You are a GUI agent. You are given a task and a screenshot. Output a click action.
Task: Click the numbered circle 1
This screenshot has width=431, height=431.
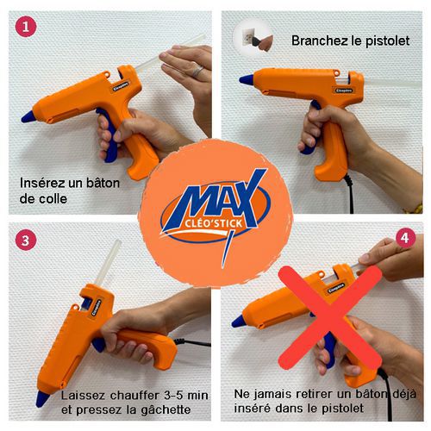(26, 27)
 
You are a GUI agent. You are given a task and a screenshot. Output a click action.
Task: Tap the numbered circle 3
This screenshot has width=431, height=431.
(26, 240)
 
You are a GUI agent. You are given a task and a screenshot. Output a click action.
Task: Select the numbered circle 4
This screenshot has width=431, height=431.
(405, 238)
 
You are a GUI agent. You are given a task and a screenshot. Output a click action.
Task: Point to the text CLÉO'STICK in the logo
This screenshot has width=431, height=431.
(213, 223)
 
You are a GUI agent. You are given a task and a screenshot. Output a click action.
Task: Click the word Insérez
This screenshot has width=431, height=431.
(42, 183)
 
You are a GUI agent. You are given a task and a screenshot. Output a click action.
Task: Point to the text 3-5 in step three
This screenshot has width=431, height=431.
(173, 396)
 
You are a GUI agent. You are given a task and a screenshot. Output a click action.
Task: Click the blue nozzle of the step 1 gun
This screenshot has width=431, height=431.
(28, 116)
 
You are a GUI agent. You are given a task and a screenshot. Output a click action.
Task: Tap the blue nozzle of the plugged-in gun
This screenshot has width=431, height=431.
(247, 79)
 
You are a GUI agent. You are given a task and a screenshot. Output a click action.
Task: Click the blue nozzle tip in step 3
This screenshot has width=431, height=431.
(41, 399)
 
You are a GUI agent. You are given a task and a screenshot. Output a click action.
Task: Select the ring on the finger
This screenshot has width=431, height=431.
(197, 72)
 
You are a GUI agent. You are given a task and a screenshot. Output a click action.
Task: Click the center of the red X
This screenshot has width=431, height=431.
(330, 316)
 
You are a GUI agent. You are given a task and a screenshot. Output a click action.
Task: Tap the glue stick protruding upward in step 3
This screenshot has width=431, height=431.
(108, 262)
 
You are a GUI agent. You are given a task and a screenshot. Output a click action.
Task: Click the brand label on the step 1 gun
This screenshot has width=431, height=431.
(121, 87)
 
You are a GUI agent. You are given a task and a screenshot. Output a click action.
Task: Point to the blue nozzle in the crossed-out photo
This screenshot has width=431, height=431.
(238, 322)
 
